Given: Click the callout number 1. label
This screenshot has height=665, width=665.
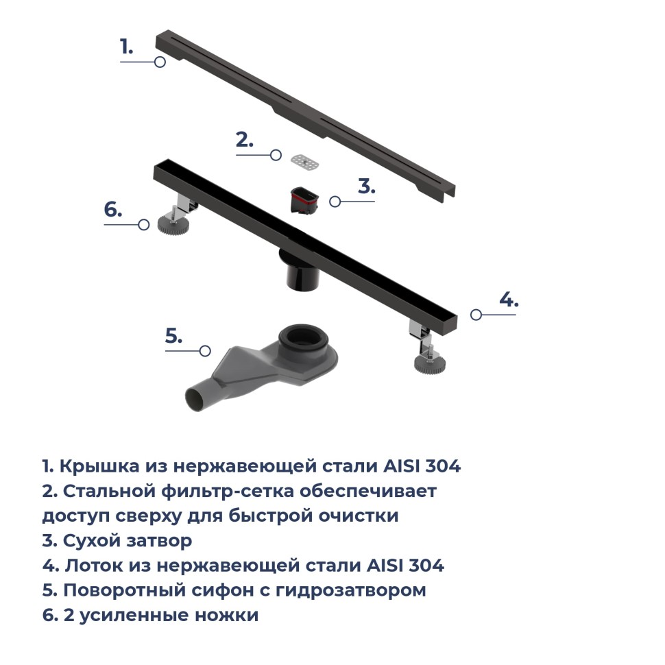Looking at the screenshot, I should pyautogui.click(x=126, y=47).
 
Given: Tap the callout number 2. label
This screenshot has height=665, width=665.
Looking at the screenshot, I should pyautogui.click(x=245, y=140).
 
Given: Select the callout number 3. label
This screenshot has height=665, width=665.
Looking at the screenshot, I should pyautogui.click(x=366, y=186).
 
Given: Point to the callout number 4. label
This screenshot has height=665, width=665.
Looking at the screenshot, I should pyautogui.click(x=508, y=299).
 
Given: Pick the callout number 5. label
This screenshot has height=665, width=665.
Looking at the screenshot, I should pyautogui.click(x=174, y=336).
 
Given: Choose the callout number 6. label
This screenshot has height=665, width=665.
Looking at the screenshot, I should pyautogui.click(x=113, y=210).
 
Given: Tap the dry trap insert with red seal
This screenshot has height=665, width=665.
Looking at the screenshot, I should pyautogui.click(x=304, y=199).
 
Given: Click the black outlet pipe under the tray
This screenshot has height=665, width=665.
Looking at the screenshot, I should pyautogui.click(x=300, y=274).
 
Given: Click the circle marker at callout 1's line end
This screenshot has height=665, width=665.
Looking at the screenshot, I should pyautogui.click(x=160, y=62).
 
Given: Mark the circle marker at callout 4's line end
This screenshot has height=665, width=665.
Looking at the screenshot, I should pyautogui.click(x=476, y=315).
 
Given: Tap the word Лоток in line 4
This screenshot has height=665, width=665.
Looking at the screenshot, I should pyautogui.click(x=94, y=566).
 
